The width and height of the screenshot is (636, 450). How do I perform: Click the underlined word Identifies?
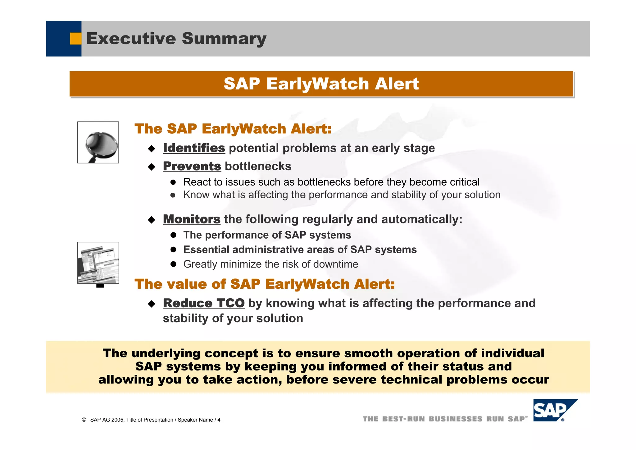click(194, 148)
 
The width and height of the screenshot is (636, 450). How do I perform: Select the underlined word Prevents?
click(192, 166)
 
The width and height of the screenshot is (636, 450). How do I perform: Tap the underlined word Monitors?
click(192, 219)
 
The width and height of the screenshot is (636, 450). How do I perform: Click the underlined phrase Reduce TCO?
click(204, 303)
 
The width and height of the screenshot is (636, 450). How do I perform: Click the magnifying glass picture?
click(98, 142)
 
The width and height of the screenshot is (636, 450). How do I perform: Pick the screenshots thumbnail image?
click(98, 263)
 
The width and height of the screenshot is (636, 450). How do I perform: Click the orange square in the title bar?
click(75, 39)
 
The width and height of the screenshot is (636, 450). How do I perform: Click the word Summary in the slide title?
click(224, 39)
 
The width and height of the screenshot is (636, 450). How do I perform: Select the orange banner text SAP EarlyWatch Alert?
click(321, 84)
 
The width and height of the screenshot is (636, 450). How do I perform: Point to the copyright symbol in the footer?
click(84, 420)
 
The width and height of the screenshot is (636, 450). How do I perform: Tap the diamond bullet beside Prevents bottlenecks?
click(152, 167)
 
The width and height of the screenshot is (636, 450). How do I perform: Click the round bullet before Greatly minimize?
click(173, 264)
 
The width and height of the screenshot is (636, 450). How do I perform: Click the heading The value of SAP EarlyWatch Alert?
click(265, 284)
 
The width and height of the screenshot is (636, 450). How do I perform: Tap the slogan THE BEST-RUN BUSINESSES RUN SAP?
click(445, 419)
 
